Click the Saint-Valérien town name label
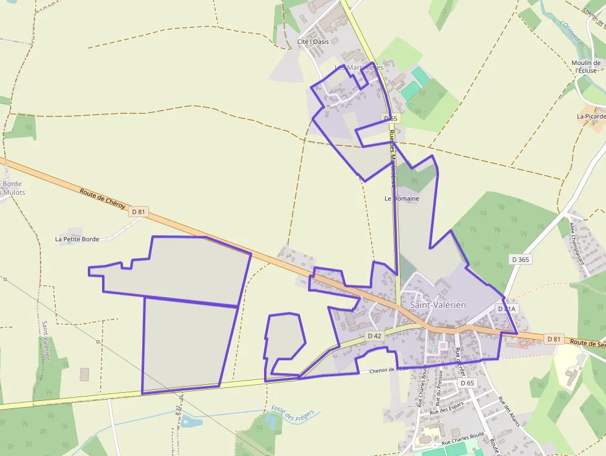[x=438, y=305]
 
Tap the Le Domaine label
[x=401, y=199]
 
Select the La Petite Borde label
[x=77, y=238]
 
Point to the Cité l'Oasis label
[x=313, y=41]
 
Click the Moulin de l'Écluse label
[x=586, y=66]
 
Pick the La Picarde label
[x=591, y=116]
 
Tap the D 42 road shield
[x=374, y=335]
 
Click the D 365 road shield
[x=521, y=259]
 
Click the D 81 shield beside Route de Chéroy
[x=139, y=212]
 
